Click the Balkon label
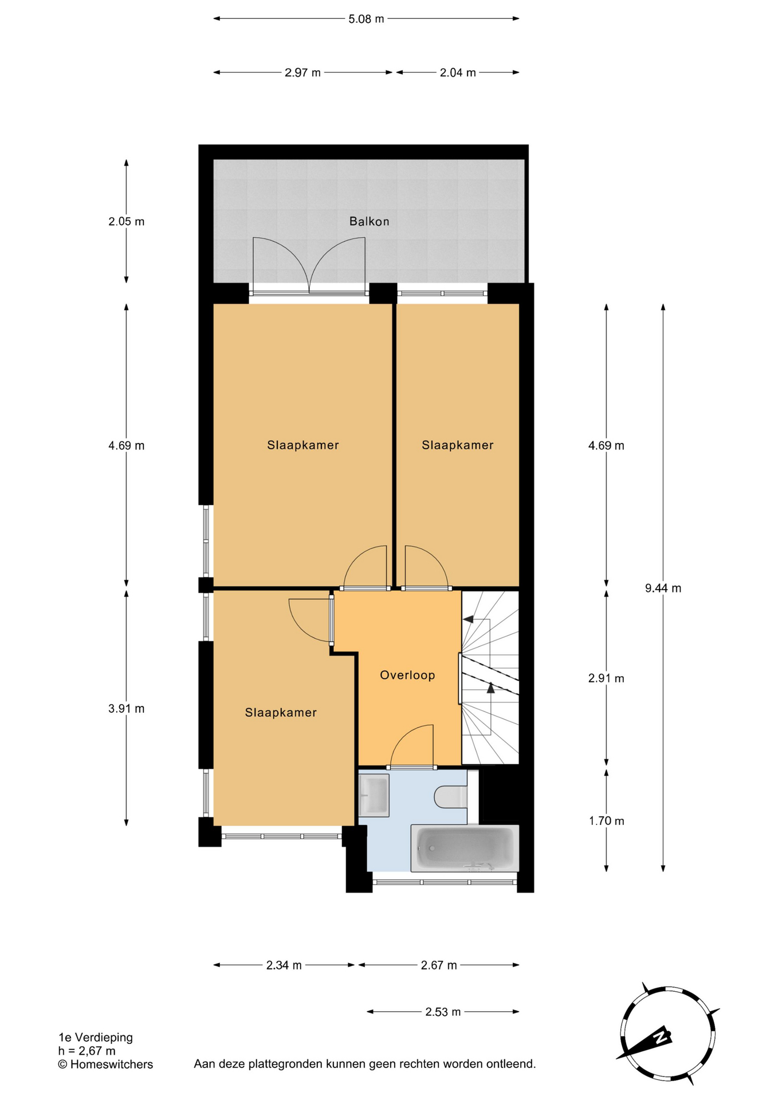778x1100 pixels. point(369,221)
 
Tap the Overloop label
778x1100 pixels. point(407,675)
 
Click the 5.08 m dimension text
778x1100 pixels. point(366,19)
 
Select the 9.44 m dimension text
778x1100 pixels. point(663,588)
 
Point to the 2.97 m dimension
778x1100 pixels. point(302,73)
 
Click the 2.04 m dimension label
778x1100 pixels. point(458,73)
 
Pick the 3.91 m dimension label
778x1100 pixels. point(126,709)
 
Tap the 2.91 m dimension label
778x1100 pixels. point(606,678)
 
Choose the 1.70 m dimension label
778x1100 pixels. point(606,821)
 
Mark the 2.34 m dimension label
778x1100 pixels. point(284,965)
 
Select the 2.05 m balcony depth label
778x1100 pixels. point(126,221)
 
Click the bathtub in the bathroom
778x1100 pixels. point(465,848)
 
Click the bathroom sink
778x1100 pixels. point(374,795)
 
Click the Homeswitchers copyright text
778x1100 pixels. point(105,1064)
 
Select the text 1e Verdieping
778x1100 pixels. point(96,1037)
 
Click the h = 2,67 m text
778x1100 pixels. point(87,1051)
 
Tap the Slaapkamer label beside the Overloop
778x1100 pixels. point(281,713)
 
